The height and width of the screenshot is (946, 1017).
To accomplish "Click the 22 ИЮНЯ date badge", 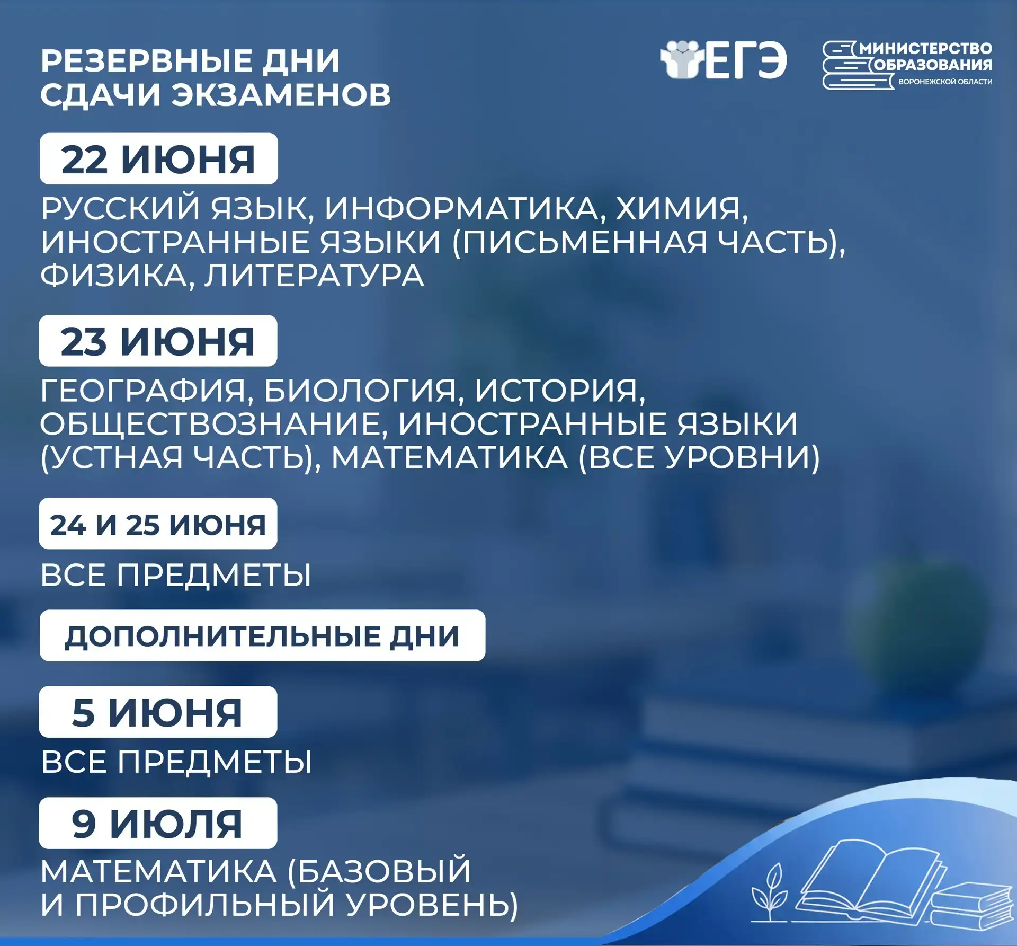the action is pos(159,158).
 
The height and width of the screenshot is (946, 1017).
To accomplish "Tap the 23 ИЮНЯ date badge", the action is pos(158,341).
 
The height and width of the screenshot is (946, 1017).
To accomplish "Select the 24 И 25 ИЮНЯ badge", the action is pos(158,524).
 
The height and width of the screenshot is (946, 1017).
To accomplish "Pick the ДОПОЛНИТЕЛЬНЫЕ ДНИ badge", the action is pos(262,635).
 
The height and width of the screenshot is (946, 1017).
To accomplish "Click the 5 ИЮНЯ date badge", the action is pos(158,712).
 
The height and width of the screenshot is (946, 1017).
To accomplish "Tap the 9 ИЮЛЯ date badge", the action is pos(158,823).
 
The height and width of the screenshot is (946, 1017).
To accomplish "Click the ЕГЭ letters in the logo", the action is pos(746,60).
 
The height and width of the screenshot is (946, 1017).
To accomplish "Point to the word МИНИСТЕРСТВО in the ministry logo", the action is pos(926,49).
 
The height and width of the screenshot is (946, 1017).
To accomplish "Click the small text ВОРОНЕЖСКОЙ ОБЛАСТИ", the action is pos(945,82).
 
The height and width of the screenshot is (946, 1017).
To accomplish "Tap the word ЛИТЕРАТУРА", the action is pos(315,276).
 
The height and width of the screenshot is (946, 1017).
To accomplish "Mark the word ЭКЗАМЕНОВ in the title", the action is pos(281,95).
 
